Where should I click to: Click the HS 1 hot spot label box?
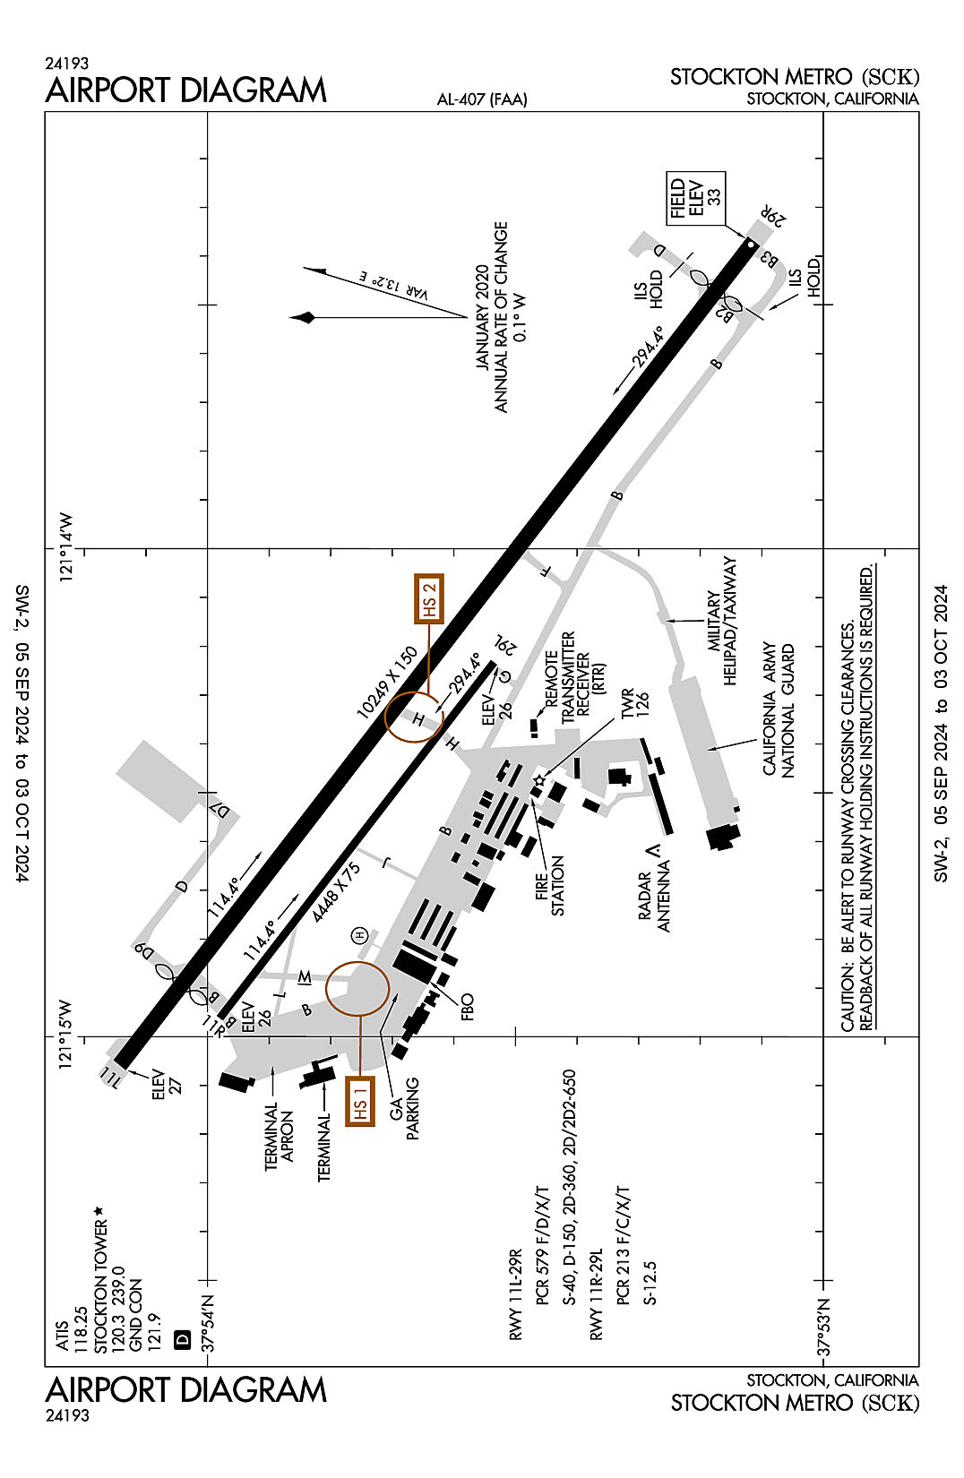[x=360, y=1101]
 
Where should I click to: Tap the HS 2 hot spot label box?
[x=429, y=598]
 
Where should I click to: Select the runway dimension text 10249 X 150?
[x=388, y=683]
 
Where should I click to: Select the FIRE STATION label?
[x=550, y=885]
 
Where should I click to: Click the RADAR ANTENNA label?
[x=654, y=902]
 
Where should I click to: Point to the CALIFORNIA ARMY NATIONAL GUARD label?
[x=779, y=709]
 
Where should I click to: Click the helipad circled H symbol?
[x=360, y=935]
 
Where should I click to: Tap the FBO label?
[x=467, y=1007]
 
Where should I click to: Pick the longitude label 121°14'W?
[x=69, y=548]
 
